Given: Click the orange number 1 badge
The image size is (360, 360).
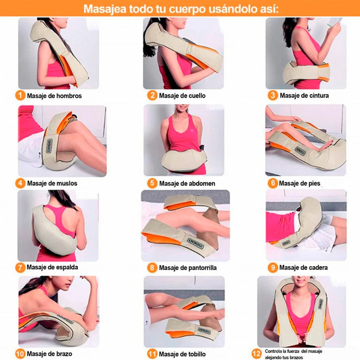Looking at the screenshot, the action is [20, 96].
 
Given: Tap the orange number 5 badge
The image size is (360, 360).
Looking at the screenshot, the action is [152, 183].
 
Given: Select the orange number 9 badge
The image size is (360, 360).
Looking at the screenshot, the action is [273, 267].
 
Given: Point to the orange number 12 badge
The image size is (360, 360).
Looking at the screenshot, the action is [257, 354].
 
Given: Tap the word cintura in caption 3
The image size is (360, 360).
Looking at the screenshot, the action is [317, 95].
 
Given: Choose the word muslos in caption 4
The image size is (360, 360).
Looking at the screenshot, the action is [67, 183].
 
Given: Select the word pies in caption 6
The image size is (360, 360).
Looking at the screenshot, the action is [314, 183].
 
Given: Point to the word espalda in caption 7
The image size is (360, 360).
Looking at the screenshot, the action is [67, 267].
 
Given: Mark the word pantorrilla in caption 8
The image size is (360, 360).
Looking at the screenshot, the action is [202, 268].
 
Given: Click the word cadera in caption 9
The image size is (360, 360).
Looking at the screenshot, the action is [318, 267].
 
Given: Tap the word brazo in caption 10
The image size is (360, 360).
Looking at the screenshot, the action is [64, 354].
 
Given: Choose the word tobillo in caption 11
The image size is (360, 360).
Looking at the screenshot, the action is [197, 354].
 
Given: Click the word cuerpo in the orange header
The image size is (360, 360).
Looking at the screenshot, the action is [187, 9].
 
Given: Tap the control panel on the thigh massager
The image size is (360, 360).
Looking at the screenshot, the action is [48, 146].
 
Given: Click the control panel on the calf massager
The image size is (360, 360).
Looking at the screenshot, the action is [196, 243].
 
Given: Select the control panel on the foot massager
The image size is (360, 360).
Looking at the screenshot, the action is [300, 151].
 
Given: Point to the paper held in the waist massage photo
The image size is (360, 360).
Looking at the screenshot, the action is [334, 22].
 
